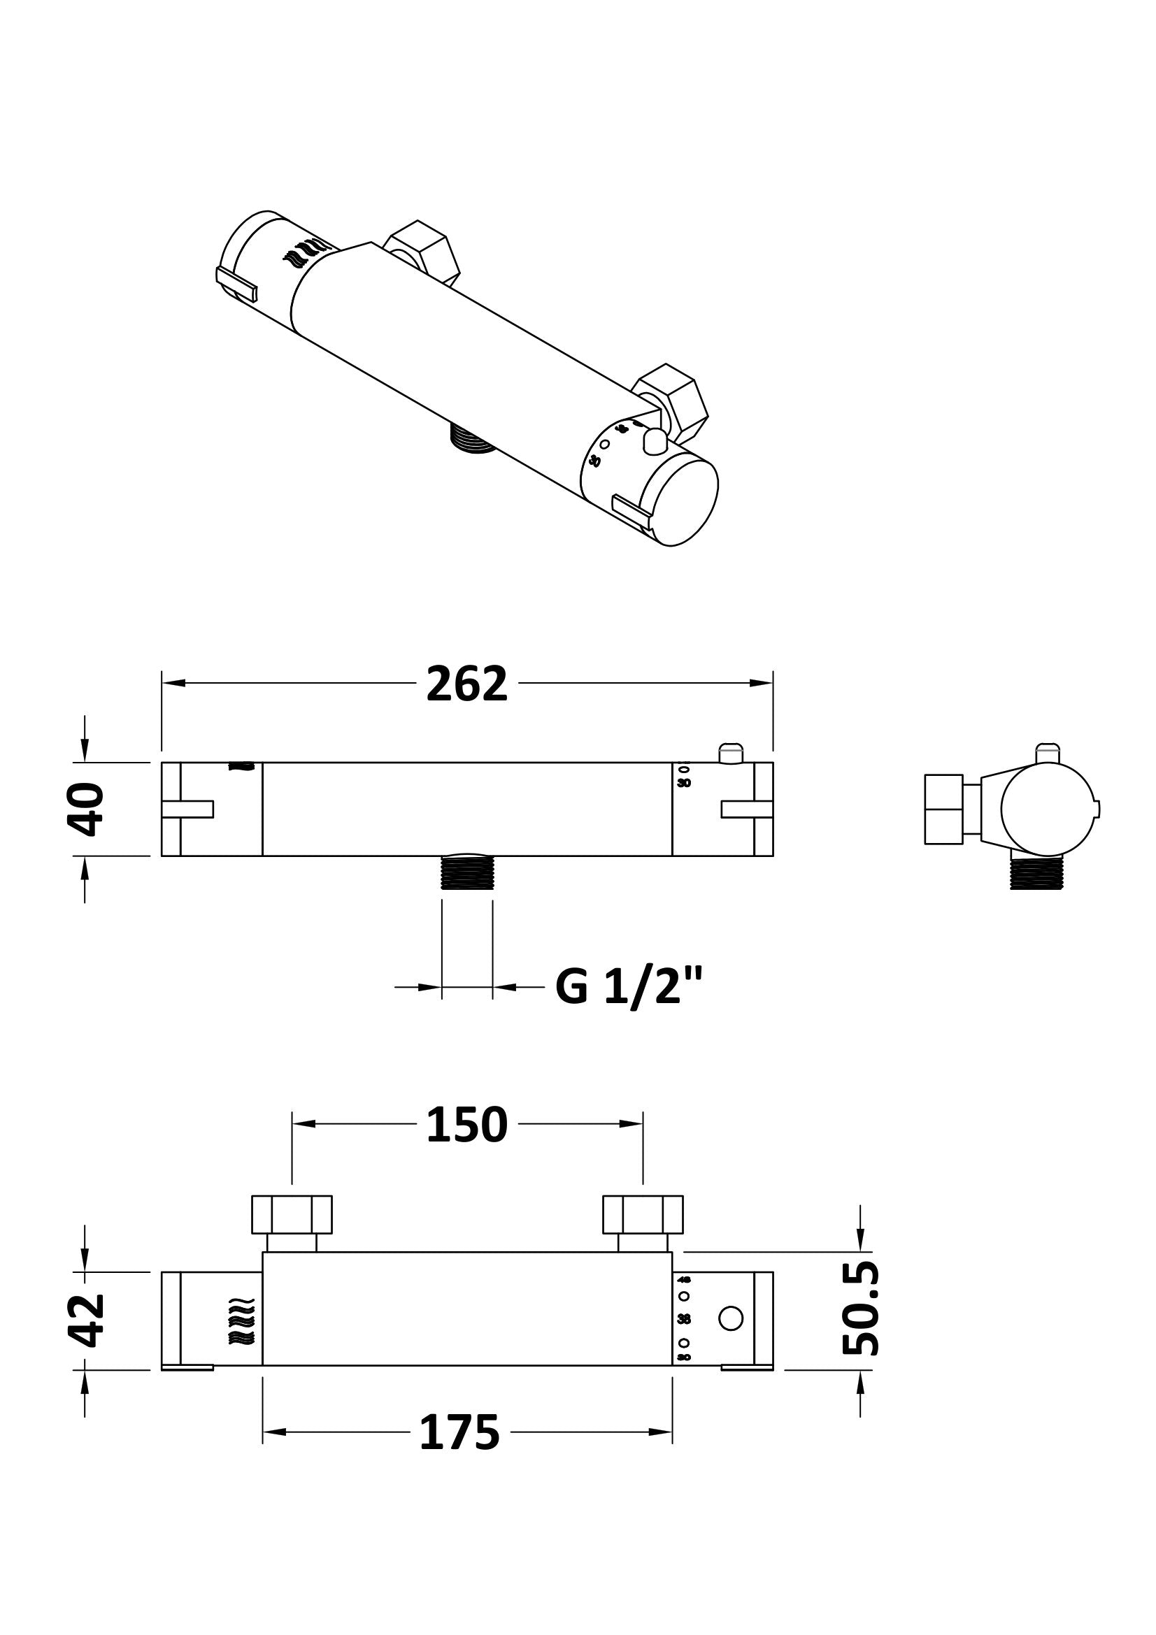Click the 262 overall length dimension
coord(466,684)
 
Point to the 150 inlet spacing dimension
coord(466,1125)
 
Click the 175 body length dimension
coord(459,1432)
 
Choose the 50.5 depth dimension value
coord(861,1309)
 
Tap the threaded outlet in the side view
coord(1036,874)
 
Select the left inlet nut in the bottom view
coord(292,1214)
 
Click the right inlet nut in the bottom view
coord(643,1214)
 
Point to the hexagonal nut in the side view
coord(943,809)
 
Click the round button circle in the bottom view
coord(731,1318)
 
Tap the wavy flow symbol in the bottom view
coord(241,1320)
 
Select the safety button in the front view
coord(731,753)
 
